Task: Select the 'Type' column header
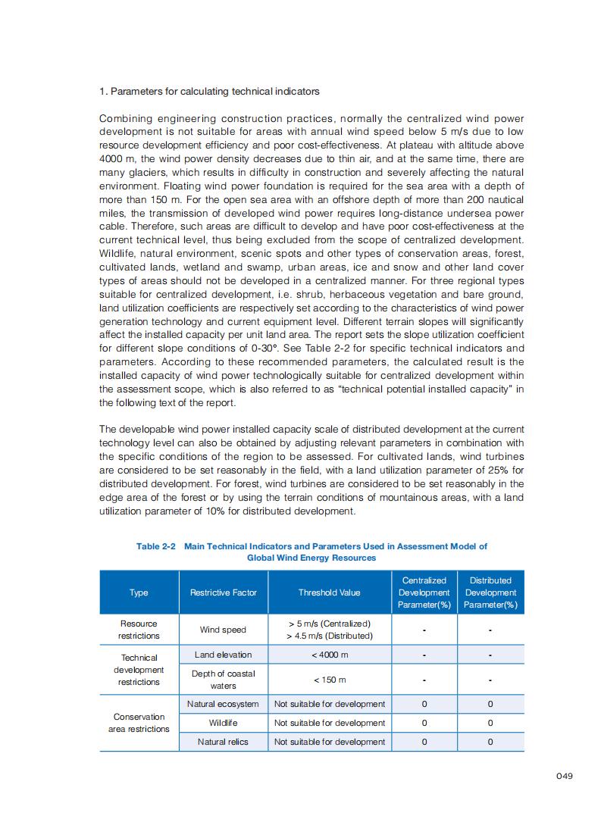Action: [x=139, y=592]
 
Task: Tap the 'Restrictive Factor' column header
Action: [x=224, y=592]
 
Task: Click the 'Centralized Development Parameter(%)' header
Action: [x=424, y=592]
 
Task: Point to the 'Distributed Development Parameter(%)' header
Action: [x=490, y=592]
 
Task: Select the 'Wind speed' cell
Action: [x=223, y=630]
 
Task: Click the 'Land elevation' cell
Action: [x=223, y=655]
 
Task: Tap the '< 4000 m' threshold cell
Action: [x=330, y=655]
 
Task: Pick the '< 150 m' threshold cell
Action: [x=330, y=680]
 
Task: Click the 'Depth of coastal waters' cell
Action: [x=223, y=680]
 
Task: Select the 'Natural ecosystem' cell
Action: [x=223, y=704]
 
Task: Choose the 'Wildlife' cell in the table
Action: [x=223, y=723]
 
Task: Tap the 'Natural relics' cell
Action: [x=223, y=742]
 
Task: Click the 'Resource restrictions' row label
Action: [x=139, y=630]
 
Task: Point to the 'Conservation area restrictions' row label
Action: [x=139, y=723]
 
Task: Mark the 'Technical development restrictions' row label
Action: [x=139, y=670]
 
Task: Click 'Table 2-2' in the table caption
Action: [x=156, y=546]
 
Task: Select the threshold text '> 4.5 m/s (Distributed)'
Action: [x=330, y=636]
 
